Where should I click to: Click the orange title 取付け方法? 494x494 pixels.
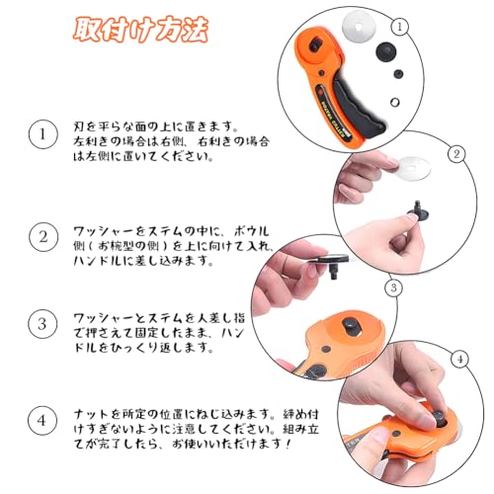coord(140,30)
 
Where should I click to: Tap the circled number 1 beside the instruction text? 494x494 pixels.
coord(42,134)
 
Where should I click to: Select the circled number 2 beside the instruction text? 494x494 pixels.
coord(43,237)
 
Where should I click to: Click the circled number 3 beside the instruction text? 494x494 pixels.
coord(42,324)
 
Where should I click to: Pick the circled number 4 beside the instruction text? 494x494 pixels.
coord(42,421)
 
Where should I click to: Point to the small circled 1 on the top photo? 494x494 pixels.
coord(400,27)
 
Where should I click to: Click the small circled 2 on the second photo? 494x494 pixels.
coord(456,154)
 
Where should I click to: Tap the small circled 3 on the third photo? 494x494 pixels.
coord(393,288)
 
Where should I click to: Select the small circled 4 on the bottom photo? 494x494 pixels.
coord(460,359)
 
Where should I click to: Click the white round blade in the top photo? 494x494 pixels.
coord(359,25)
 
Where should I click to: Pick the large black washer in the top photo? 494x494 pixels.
coord(386,51)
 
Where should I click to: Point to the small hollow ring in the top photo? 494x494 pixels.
coord(394,102)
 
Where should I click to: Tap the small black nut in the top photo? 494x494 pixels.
coord(398,74)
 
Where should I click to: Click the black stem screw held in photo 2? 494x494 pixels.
coord(418,211)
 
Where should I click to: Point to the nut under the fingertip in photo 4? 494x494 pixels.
coord(438,417)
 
